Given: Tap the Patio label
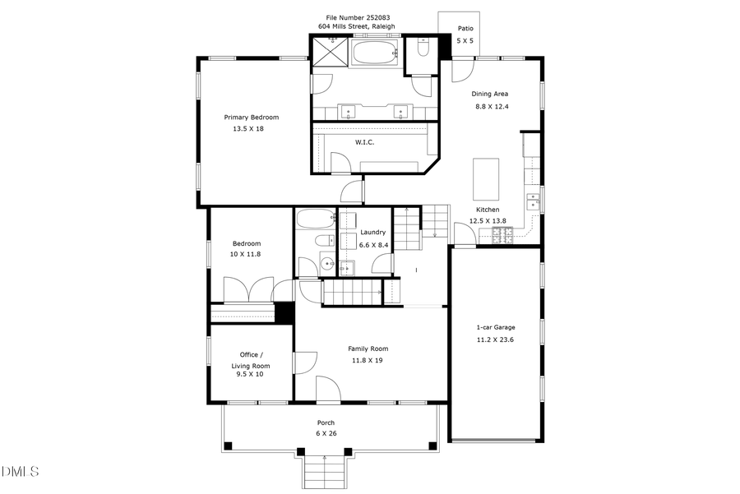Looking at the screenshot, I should [x=465, y=28].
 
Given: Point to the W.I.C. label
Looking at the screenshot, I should [x=364, y=142].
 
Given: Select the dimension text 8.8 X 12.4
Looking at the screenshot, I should [x=492, y=106].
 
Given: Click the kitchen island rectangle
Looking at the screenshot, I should [x=485, y=174].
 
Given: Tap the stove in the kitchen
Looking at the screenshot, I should [x=502, y=235].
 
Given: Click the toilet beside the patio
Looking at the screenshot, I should [x=422, y=48].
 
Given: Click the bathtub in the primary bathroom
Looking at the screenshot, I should [x=375, y=53].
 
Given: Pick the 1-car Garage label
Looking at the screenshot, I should [x=496, y=327].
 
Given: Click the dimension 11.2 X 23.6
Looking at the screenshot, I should [x=496, y=339].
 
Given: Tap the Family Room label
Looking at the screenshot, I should [x=368, y=349].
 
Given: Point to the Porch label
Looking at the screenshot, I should [x=326, y=422].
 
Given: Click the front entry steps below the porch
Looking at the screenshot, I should [x=325, y=472].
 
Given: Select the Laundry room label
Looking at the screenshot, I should [x=372, y=233].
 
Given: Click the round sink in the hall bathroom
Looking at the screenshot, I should [x=326, y=264].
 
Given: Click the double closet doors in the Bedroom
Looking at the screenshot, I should [x=249, y=290].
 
